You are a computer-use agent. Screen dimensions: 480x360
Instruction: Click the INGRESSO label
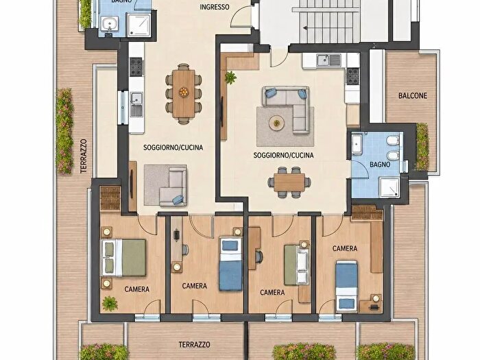pos(214,7)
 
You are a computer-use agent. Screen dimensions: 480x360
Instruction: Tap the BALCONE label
pos(412,96)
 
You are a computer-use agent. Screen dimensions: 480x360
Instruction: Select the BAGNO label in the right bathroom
pos(380,165)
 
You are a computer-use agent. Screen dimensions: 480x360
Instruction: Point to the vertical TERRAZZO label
pos(84,156)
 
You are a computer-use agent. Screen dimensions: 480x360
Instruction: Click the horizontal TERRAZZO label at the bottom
pos(194,345)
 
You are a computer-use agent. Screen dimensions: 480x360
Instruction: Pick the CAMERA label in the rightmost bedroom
pos(345,248)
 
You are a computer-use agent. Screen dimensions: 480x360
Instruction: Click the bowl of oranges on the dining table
pos(183,91)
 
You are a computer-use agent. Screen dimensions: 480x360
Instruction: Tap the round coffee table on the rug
pos(277,123)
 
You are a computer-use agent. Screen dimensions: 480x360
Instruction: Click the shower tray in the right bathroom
pos(389,187)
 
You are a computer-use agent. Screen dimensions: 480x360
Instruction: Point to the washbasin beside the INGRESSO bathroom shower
pos(110,23)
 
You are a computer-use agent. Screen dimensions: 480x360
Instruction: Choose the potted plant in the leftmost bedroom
pos(110,304)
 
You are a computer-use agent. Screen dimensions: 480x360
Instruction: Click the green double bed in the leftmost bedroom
pos(123,258)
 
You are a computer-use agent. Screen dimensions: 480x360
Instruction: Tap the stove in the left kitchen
pos(136,67)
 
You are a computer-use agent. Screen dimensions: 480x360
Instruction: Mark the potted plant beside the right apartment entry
pos(230,77)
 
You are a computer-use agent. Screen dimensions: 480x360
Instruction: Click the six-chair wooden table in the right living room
pos(289,182)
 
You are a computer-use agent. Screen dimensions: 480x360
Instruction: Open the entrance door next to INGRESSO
pos(241,18)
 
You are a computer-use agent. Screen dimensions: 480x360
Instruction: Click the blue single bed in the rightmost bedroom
pos(346,285)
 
